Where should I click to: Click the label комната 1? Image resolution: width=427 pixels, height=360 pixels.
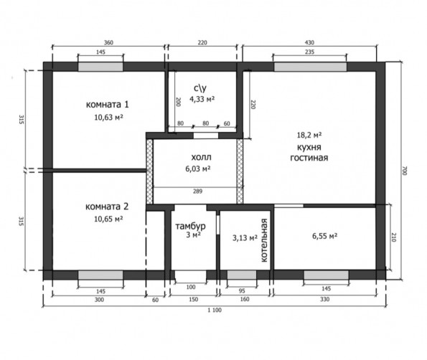pyautogui.click(x=108, y=105)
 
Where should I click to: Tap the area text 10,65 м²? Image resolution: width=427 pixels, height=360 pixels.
pyautogui.click(x=108, y=219)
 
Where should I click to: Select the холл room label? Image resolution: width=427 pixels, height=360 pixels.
pyautogui.click(x=201, y=157)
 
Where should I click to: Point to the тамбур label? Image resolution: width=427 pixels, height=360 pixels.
pyautogui.click(x=190, y=226)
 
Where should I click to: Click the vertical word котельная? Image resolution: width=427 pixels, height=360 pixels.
pyautogui.click(x=264, y=240)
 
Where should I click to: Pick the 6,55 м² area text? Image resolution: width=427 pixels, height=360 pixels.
pyautogui.click(x=324, y=236)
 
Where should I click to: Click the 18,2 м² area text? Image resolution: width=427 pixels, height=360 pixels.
pyautogui.click(x=309, y=135)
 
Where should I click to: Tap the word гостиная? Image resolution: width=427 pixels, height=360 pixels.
pyautogui.click(x=309, y=158)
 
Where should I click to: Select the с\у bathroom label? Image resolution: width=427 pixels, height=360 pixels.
pyautogui.click(x=200, y=88)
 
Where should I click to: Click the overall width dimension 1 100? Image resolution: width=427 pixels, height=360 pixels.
pyautogui.click(x=215, y=310)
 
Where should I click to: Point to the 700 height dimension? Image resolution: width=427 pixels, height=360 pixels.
pyautogui.click(x=405, y=171)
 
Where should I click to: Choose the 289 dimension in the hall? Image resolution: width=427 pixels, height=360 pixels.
pyautogui.click(x=197, y=191)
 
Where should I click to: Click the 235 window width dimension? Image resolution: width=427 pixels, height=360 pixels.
pyautogui.click(x=309, y=52)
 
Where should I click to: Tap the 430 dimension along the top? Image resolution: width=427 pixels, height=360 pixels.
pyautogui.click(x=309, y=42)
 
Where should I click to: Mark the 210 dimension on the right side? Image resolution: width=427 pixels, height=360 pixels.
pyautogui.click(x=394, y=237)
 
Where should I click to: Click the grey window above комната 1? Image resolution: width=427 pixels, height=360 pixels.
pyautogui.click(x=100, y=67)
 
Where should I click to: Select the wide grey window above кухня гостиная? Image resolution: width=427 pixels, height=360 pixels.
pyautogui.click(x=310, y=67)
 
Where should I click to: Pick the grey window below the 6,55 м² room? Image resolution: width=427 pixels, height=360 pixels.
pyautogui.click(x=326, y=275)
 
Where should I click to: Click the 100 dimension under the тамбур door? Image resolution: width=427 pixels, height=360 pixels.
pyautogui.click(x=191, y=287)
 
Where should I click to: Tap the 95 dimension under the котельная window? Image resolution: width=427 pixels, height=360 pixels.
pyautogui.click(x=242, y=291)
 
